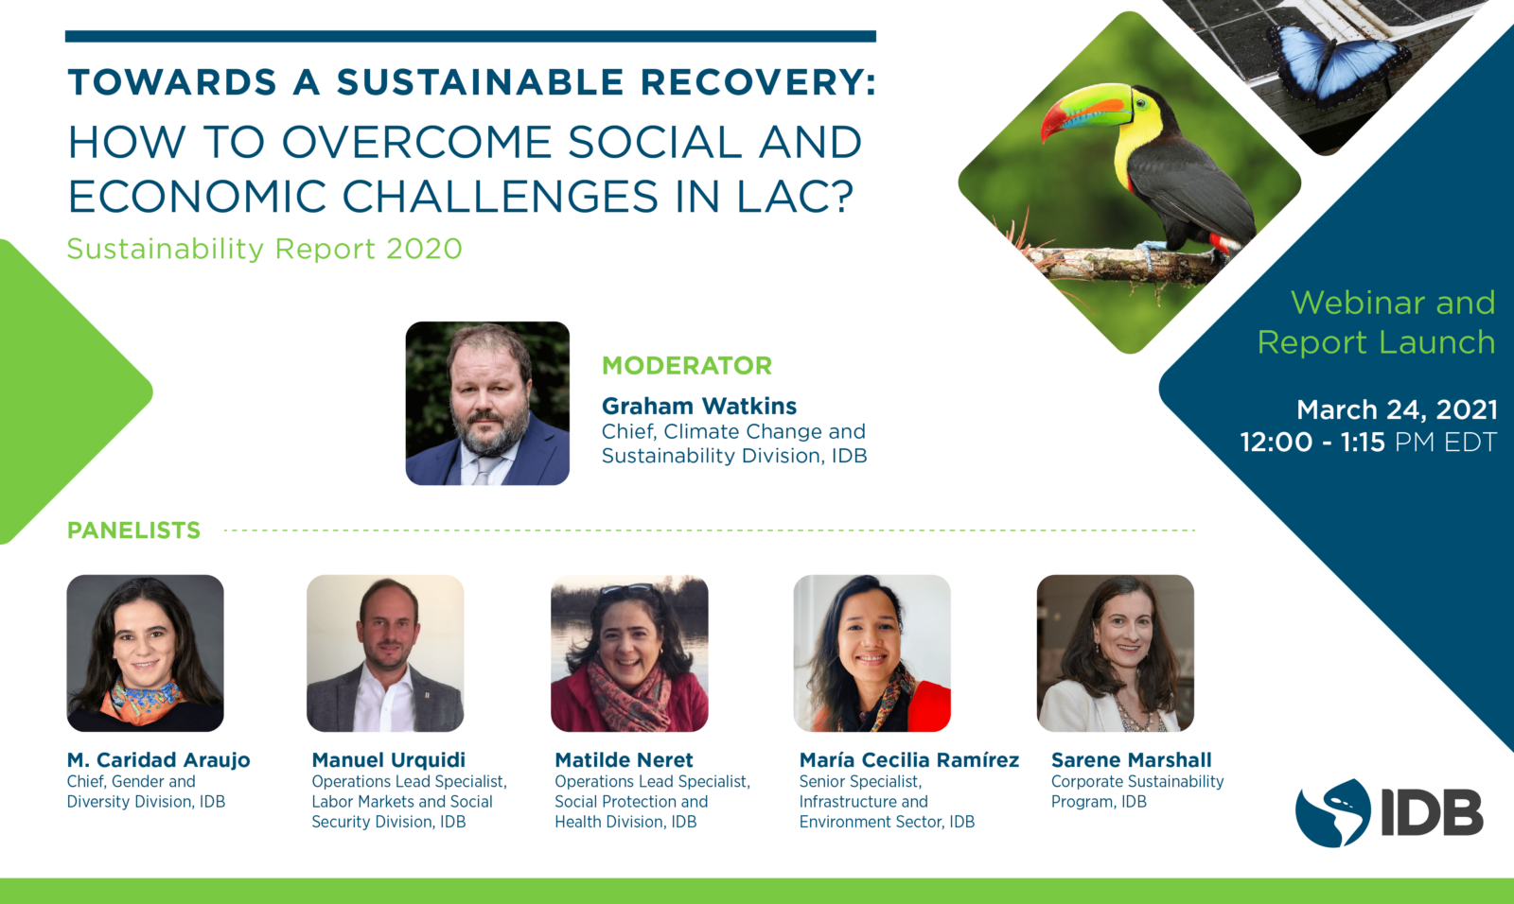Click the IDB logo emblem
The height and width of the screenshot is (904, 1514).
coord(1332,813)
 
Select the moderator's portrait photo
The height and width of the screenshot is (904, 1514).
coord(487,404)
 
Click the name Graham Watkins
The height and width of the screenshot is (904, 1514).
coord(699,406)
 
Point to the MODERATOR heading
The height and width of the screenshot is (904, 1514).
coord(687,366)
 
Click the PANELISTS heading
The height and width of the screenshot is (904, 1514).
coord(133,530)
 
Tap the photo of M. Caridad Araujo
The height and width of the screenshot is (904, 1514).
coord(146,653)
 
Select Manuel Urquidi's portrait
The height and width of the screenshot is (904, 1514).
coord(385,653)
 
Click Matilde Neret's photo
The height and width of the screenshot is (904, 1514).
coord(629,653)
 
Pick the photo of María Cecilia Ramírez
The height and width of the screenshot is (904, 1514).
coord(871,653)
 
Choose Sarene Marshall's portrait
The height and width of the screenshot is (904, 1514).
coord(1116,653)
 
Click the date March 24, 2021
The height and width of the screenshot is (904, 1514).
coord(1397,409)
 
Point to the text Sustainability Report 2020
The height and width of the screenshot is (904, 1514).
coord(264,249)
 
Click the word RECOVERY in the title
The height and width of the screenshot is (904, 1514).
coord(758,81)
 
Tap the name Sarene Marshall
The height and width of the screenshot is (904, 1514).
coord(1131,760)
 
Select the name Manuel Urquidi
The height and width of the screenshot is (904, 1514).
coord(389,760)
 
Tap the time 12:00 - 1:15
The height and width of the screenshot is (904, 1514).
coord(1312,442)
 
